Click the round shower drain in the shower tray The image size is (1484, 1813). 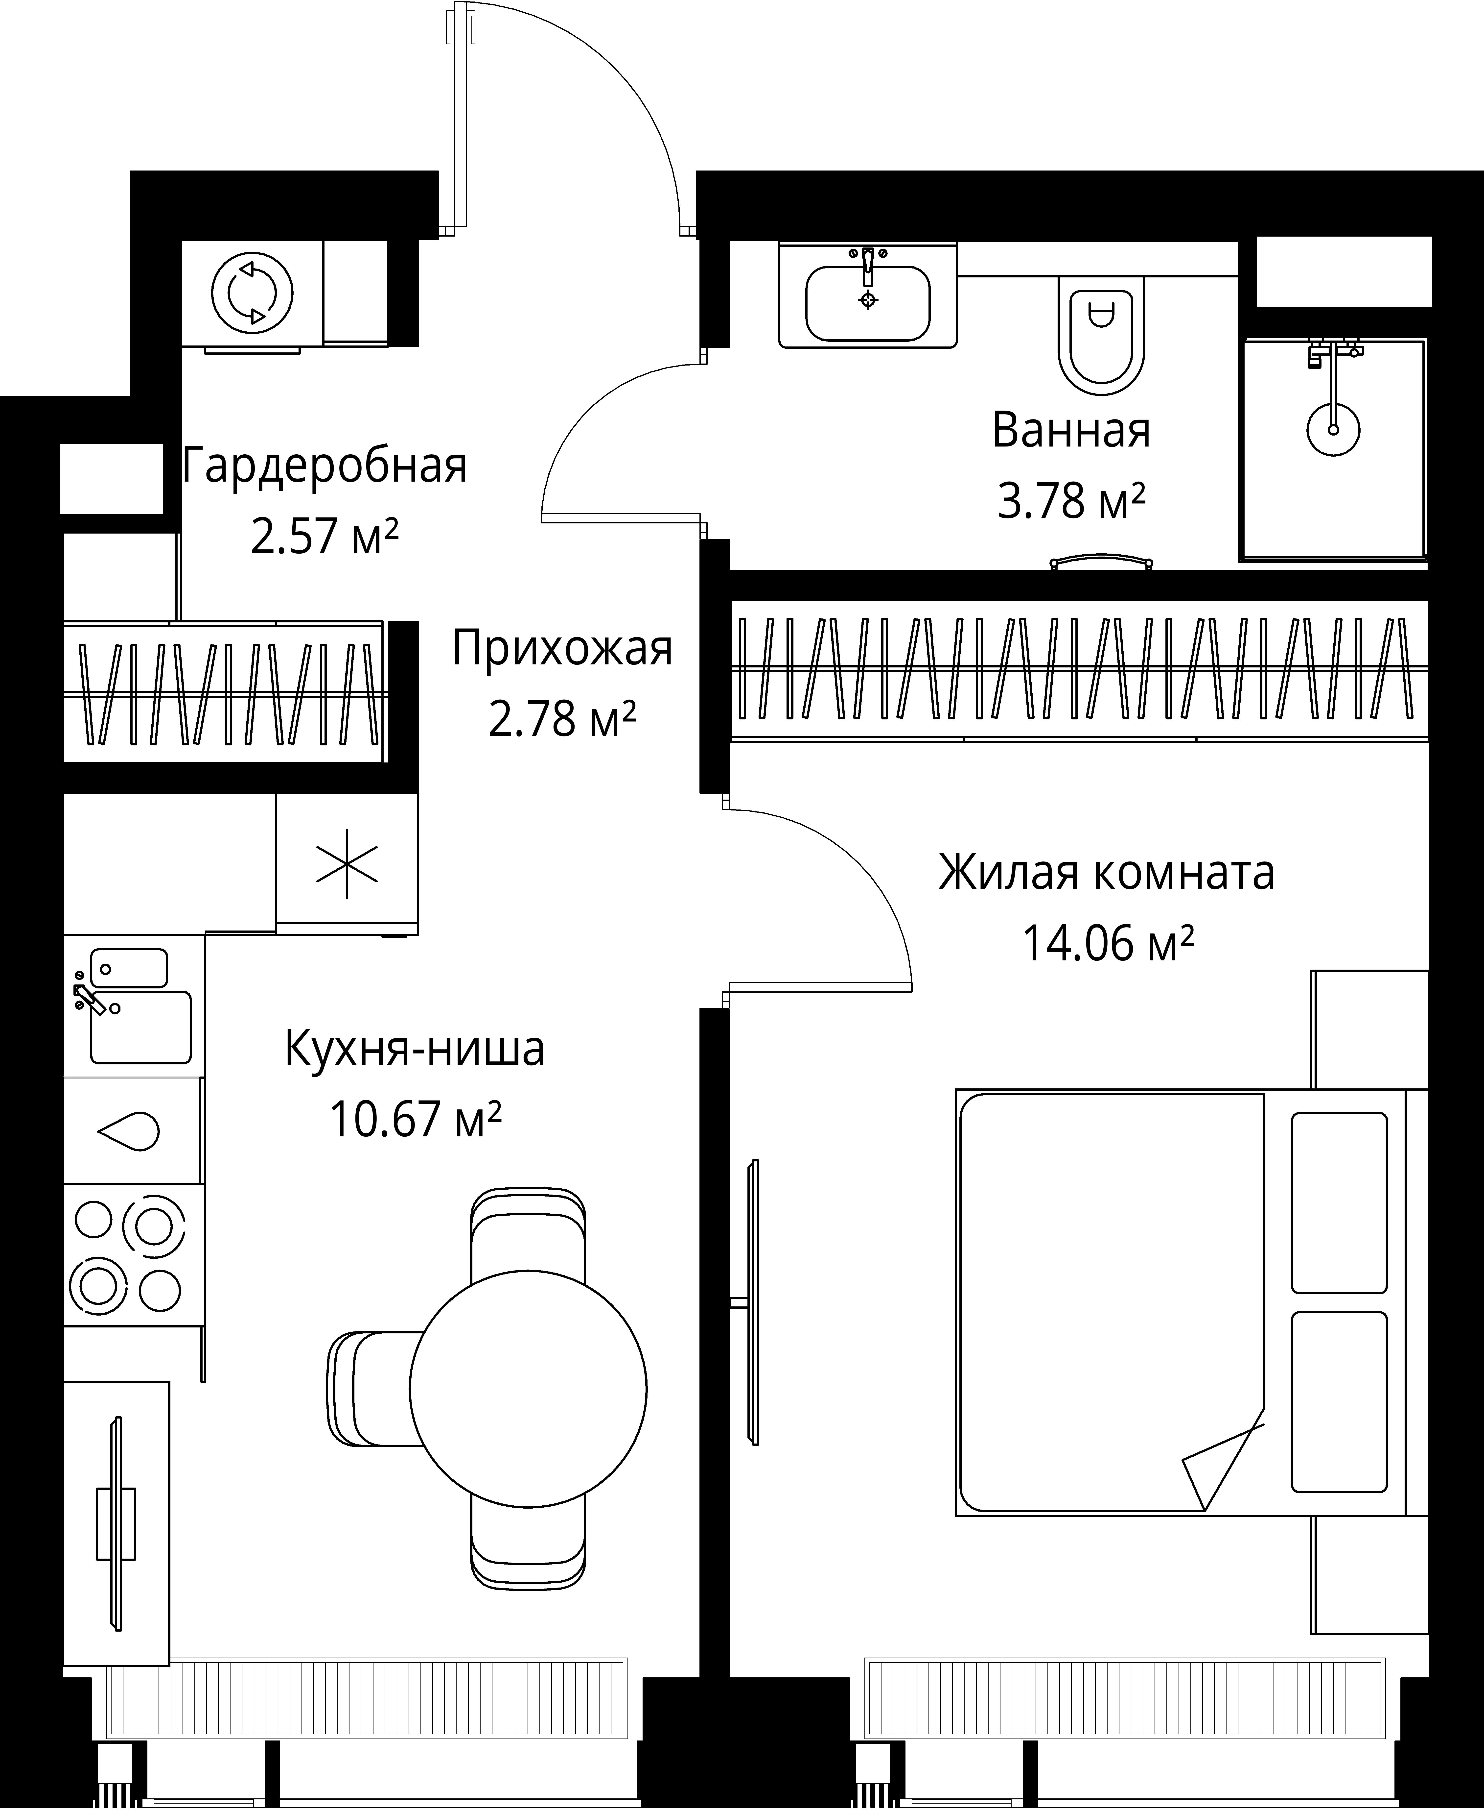coord(1333,429)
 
